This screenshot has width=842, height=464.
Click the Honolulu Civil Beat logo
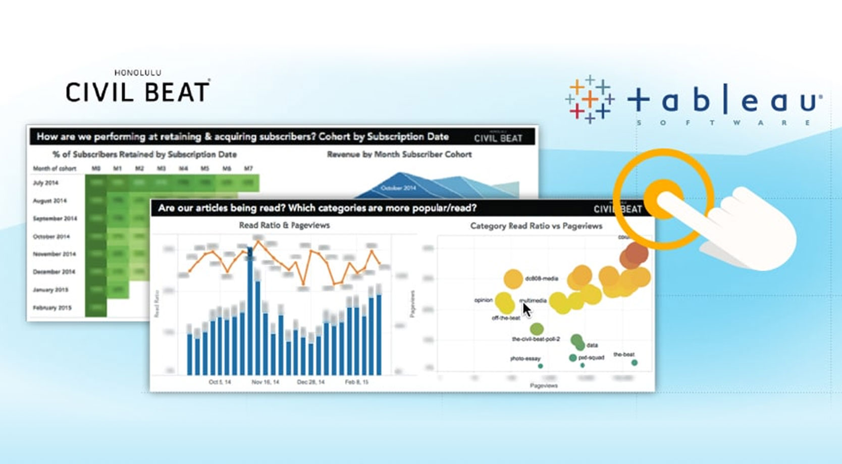point(137,87)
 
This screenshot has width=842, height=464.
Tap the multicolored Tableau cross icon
point(589,99)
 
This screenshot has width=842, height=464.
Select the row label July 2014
point(45,183)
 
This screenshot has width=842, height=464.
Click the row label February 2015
point(52,308)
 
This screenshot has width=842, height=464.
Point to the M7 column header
point(248,168)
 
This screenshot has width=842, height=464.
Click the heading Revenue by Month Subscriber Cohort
point(399,154)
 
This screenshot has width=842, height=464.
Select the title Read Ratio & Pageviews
point(284,225)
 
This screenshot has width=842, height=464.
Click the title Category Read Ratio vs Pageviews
point(536,226)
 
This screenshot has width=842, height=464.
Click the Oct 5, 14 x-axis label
point(220,382)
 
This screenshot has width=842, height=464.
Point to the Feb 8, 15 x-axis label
point(356,382)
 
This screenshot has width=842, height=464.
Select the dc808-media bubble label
point(541,278)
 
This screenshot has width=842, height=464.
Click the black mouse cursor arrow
point(527,309)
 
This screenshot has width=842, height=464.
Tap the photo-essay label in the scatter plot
point(525,359)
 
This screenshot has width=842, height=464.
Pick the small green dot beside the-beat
point(635,363)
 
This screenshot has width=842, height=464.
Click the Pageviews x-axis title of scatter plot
point(544,386)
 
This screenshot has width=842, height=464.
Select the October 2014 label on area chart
point(398,188)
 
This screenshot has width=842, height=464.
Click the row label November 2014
point(54,254)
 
